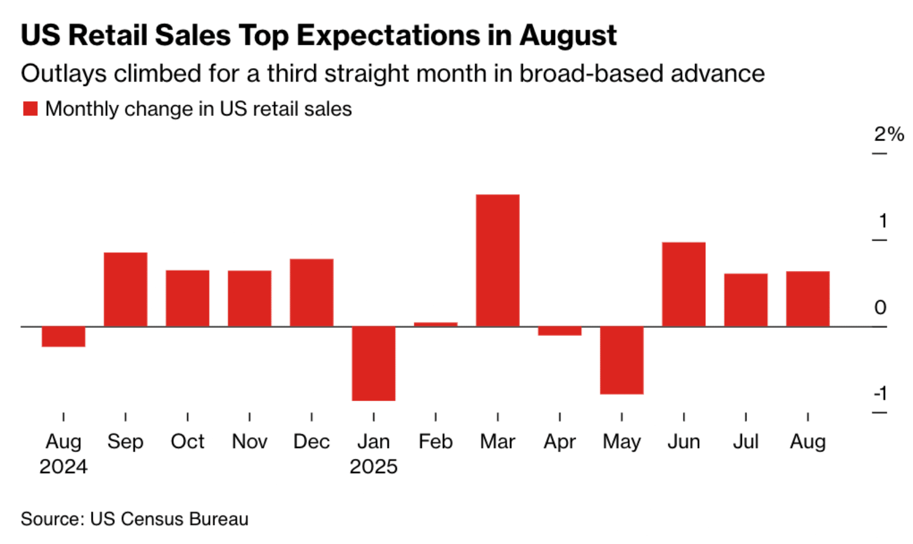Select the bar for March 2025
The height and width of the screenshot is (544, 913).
click(x=498, y=261)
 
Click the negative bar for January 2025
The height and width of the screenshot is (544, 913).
click(x=374, y=363)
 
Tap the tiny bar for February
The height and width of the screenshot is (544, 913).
click(x=435, y=324)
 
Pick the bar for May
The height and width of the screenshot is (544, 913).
click(x=622, y=360)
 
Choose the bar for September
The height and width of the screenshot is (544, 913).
click(x=125, y=289)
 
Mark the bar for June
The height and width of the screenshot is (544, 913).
click(x=684, y=284)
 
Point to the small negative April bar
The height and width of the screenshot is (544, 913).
click(x=559, y=331)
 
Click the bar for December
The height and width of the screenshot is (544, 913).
click(x=311, y=293)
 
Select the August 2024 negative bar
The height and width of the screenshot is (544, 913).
click(x=63, y=337)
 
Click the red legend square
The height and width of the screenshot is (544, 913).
click(x=30, y=109)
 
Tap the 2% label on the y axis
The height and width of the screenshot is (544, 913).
click(x=888, y=134)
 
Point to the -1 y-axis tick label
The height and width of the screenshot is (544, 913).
click(x=880, y=393)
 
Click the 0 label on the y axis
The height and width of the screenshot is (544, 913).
click(x=880, y=307)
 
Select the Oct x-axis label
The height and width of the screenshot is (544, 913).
click(x=187, y=442)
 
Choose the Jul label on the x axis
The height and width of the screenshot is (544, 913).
click(x=745, y=442)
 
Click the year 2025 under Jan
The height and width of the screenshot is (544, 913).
click(x=374, y=467)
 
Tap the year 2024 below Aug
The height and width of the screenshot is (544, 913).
click(x=63, y=467)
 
